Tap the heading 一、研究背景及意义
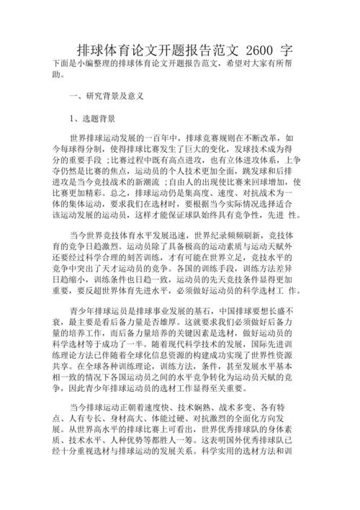click(x=107, y=95)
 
